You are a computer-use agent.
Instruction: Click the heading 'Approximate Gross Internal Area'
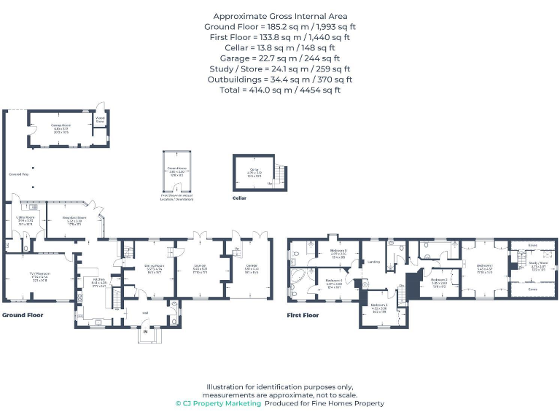click(280, 16)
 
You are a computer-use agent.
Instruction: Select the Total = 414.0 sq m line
click(280, 90)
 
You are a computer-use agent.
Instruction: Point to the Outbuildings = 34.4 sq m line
click(280, 79)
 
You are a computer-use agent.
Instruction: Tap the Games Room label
click(60, 125)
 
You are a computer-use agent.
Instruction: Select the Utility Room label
click(26, 217)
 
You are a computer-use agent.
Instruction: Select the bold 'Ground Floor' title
click(22, 315)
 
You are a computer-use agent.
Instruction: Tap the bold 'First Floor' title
click(303, 315)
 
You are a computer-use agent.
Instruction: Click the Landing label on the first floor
click(375, 262)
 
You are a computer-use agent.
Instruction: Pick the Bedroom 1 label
click(485, 265)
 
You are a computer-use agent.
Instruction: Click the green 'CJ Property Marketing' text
click(217, 403)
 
